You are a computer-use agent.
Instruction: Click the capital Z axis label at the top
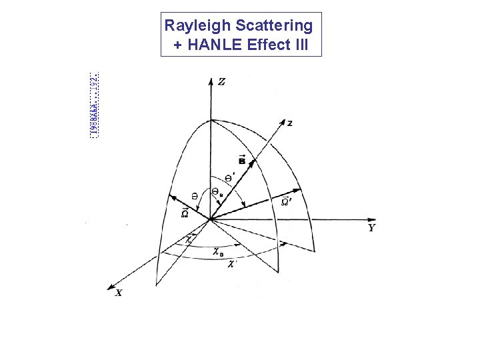(x=221, y=82)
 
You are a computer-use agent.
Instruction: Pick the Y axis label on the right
(x=371, y=228)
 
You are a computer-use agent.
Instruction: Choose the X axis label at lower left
(x=118, y=293)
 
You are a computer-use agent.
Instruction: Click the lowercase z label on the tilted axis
(x=289, y=123)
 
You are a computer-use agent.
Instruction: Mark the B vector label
(x=241, y=159)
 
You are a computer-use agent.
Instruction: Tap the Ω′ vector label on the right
(x=285, y=201)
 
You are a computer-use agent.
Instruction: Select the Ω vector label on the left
(x=185, y=213)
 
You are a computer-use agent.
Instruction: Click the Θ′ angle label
(x=229, y=178)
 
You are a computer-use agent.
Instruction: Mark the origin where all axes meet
(x=211, y=219)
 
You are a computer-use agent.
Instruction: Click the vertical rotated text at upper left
(x=95, y=103)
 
